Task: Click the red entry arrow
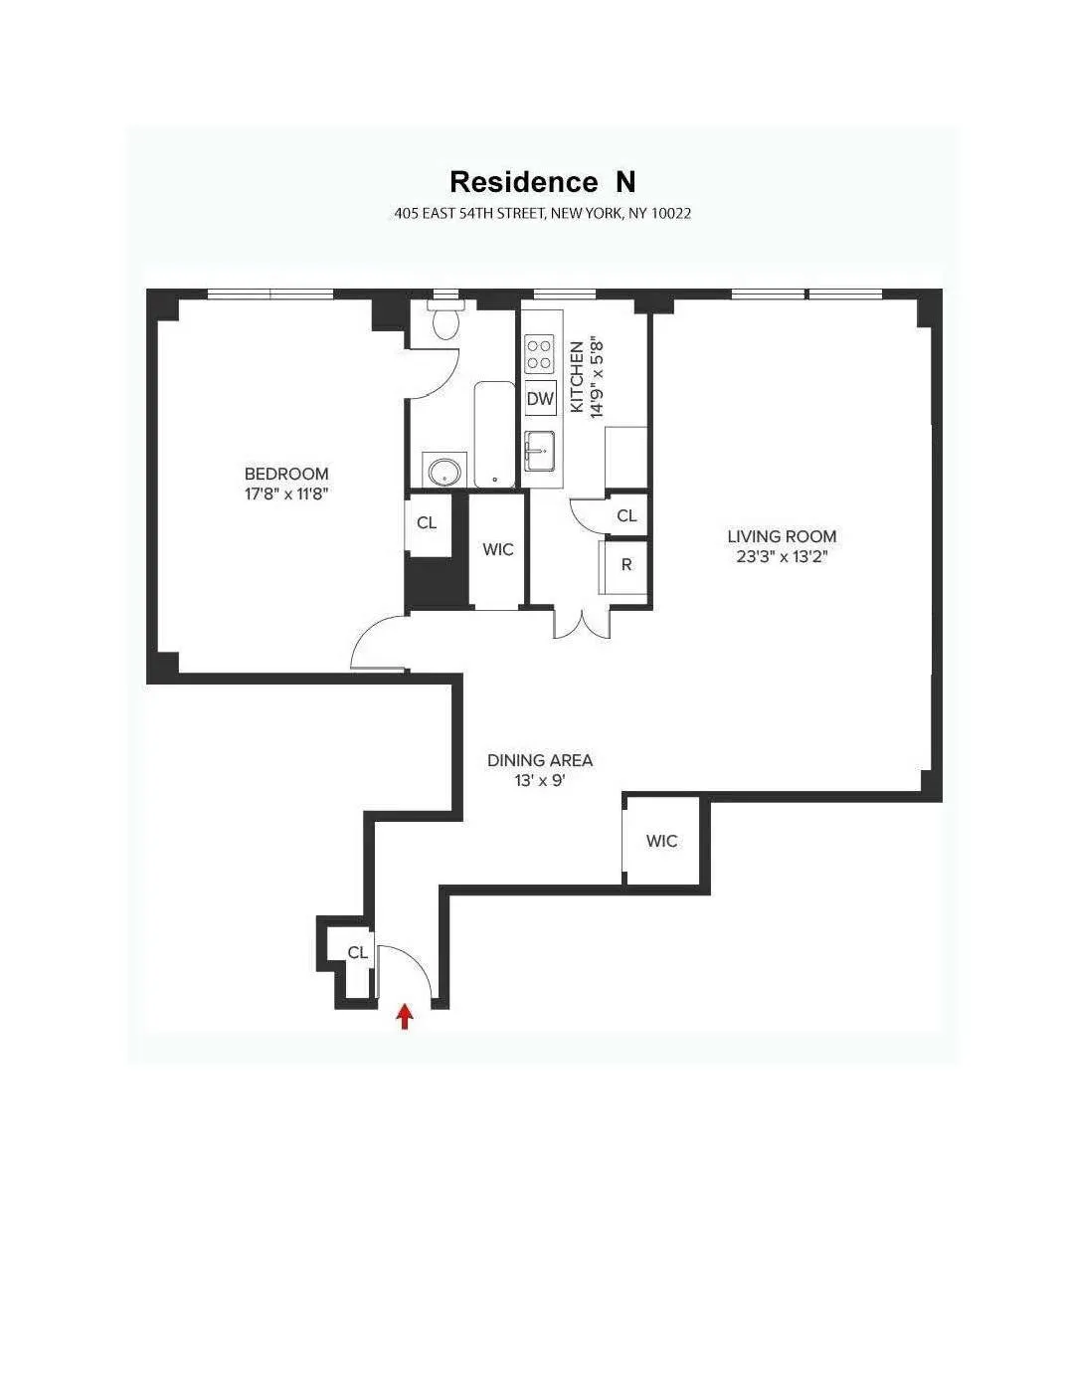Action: coord(405,1016)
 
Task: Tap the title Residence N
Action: coord(542,182)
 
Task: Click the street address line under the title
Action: coord(542,213)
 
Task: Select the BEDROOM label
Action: coord(286,474)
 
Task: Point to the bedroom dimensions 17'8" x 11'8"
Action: coord(286,493)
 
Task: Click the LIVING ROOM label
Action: coord(782,536)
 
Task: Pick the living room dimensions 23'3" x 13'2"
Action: coord(782,556)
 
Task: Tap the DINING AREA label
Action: coord(540,760)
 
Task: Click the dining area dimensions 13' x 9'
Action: coord(540,781)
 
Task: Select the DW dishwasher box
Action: coord(540,399)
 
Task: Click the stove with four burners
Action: coord(540,354)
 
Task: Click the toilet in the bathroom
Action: coord(444,320)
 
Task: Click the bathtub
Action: coord(494,434)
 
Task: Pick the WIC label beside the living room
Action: coord(662,841)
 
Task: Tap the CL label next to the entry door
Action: coord(358,952)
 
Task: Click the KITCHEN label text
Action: coord(578,378)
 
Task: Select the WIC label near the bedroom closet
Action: coord(497,549)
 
